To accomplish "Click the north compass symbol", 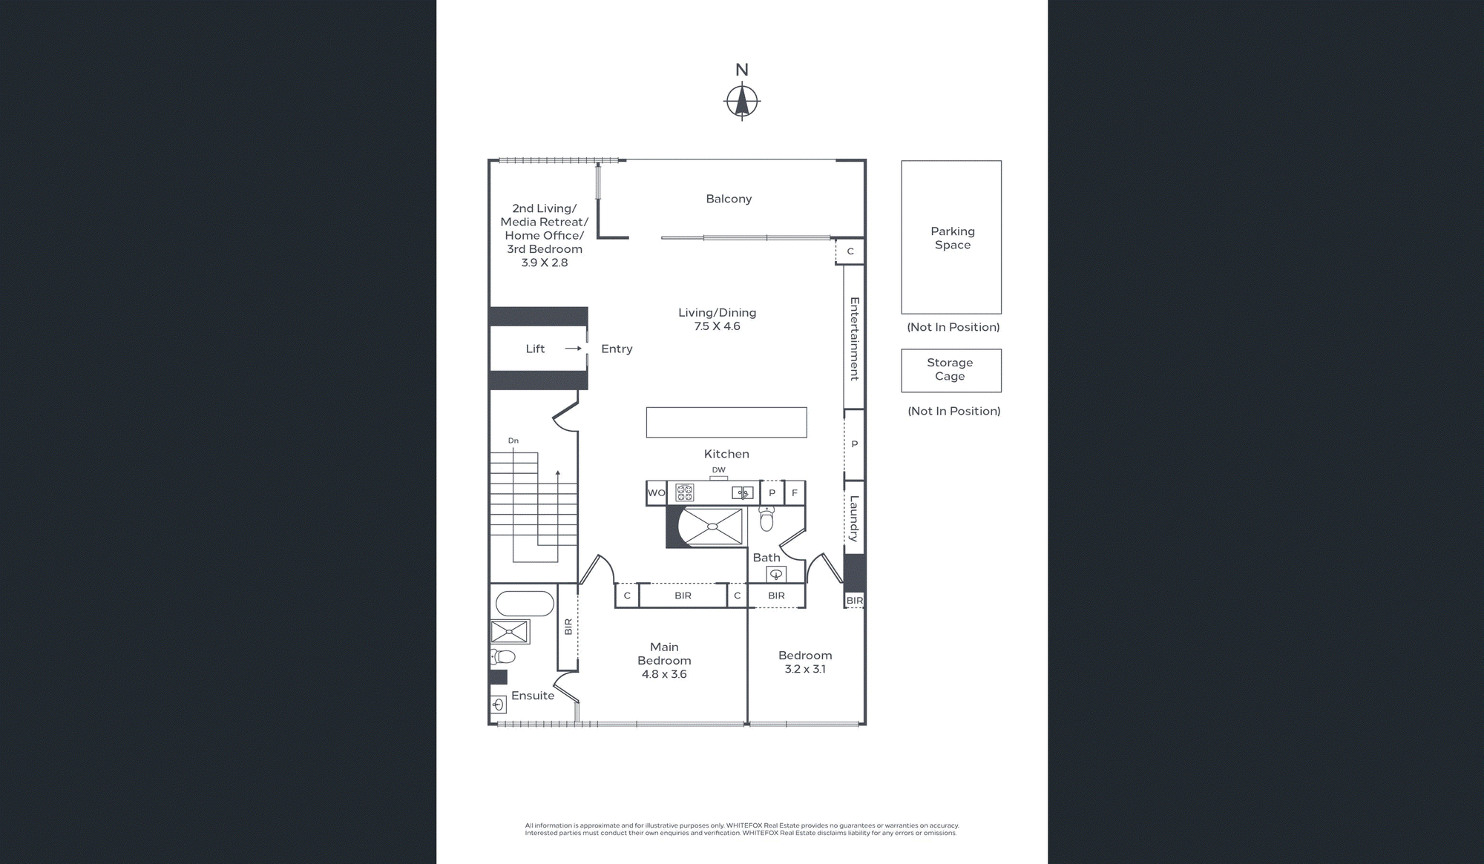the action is click(741, 102).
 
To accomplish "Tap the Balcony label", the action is click(729, 199).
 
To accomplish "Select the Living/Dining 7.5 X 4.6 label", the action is click(718, 319).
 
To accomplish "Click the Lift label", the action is click(535, 349).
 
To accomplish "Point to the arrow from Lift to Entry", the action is click(573, 349).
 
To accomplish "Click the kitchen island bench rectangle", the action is click(726, 422).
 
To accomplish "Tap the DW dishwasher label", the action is click(718, 470).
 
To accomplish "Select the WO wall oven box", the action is click(656, 493).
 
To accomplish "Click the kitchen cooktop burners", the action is click(684, 492).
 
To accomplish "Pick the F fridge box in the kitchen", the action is click(794, 492).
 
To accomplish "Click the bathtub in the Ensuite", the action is click(525, 604).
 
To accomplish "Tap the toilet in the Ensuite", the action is click(503, 656).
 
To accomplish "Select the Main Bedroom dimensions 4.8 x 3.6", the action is click(664, 674).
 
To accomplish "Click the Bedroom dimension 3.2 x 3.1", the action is click(805, 669).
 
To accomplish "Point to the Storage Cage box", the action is click(951, 371).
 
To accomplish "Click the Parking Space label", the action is click(953, 238).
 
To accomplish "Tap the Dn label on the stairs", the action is click(513, 441).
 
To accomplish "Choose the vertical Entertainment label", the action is click(854, 339).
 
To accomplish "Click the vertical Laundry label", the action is click(854, 518).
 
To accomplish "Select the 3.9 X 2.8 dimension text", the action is click(545, 263).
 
